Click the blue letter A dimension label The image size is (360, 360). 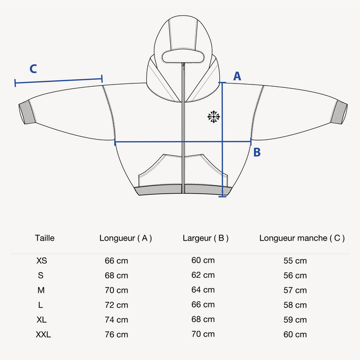(x=237, y=76)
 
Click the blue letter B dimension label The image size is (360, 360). (x=257, y=152)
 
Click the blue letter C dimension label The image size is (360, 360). (x=33, y=69)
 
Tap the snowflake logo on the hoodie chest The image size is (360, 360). (x=213, y=117)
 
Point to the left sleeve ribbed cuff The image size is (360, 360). (x=26, y=113)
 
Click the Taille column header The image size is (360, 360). (x=45, y=238)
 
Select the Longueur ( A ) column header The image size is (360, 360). (x=125, y=238)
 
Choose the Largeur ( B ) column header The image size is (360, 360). (x=206, y=238)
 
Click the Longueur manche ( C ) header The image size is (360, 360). (x=302, y=238)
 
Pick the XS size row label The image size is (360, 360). (x=42, y=260)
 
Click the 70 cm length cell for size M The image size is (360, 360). (x=116, y=290)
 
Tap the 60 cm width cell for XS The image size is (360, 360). (x=203, y=260)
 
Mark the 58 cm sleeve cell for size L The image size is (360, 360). (x=295, y=305)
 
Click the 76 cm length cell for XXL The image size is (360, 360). (x=116, y=334)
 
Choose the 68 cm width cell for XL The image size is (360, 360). (x=203, y=319)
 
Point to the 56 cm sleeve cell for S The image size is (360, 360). (x=295, y=275)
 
